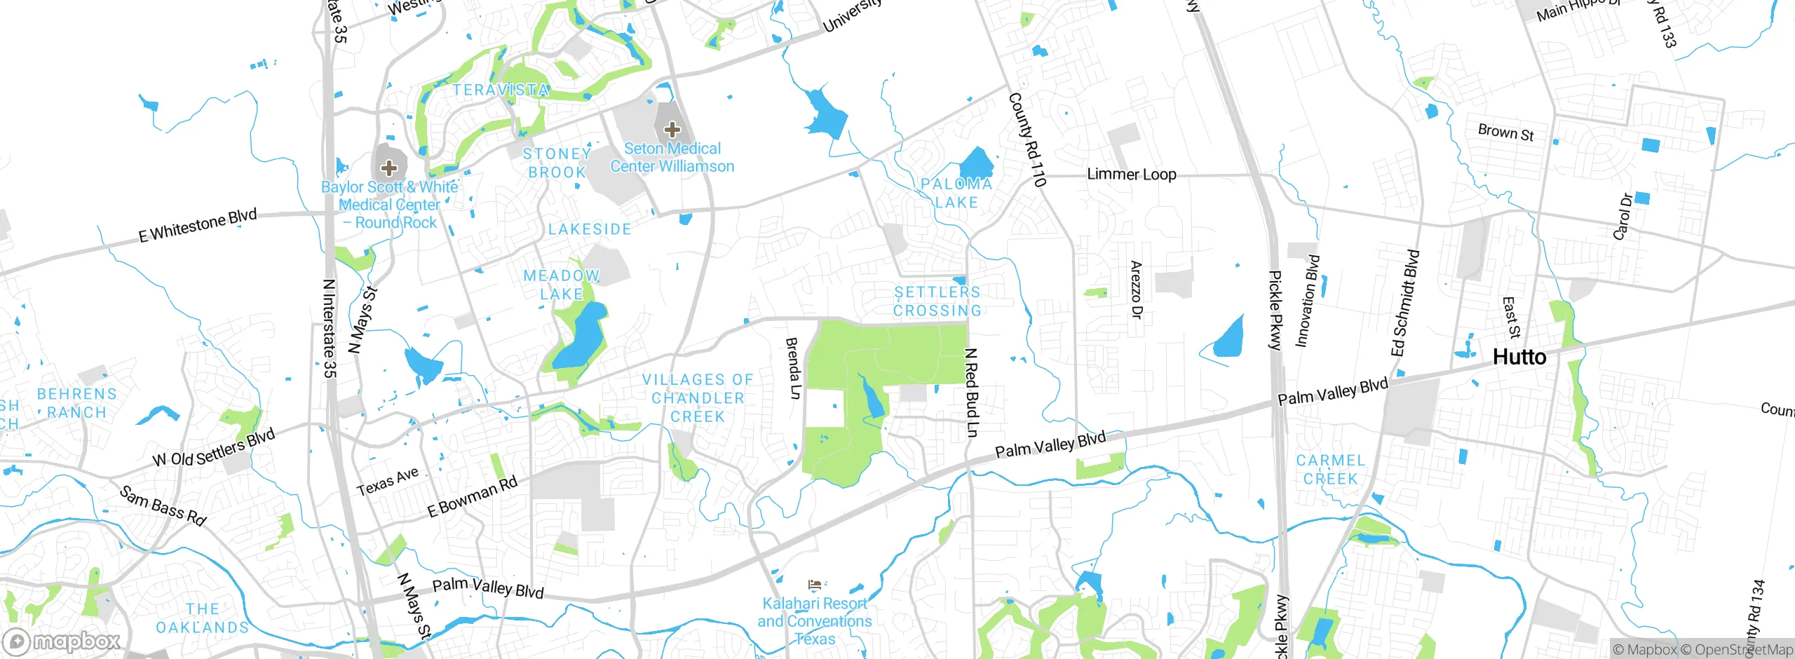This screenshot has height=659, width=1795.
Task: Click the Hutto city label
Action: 1519,358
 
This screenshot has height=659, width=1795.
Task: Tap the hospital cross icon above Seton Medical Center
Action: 672,129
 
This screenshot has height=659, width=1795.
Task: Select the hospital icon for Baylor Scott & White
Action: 389,168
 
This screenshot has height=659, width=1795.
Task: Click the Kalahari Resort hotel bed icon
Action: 814,584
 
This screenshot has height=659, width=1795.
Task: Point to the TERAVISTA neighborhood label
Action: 501,90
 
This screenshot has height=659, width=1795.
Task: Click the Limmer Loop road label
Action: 1131,174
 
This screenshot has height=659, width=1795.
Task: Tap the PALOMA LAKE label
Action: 956,193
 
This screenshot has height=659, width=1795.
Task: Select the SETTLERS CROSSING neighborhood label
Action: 937,301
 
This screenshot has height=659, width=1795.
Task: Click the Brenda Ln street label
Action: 793,368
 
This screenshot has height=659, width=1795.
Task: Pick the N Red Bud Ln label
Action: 971,393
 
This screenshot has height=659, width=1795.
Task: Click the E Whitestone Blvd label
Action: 198,225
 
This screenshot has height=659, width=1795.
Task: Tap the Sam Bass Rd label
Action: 163,505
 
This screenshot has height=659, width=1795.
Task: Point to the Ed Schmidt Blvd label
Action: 1405,303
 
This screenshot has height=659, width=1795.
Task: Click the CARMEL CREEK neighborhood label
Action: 1330,470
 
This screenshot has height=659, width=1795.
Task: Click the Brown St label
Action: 1505,133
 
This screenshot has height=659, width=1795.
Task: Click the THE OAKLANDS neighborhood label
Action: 202,618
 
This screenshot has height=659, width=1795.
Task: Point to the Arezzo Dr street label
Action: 1137,290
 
